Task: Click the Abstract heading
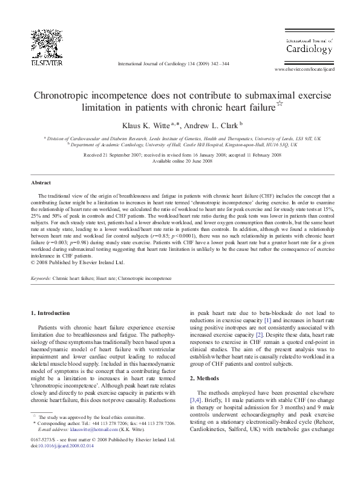point(41,183)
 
